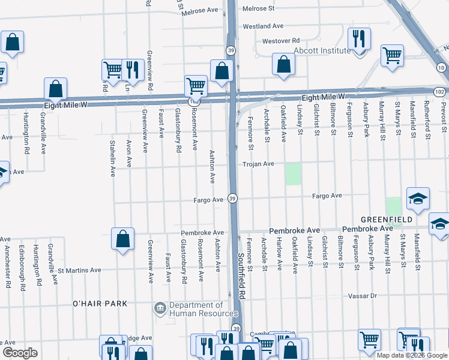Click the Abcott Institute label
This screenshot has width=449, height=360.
coord(321,51)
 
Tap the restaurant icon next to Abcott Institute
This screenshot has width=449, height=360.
coord(359,40)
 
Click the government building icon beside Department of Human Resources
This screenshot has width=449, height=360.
coord(160,308)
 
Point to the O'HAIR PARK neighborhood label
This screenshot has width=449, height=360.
coord(100,304)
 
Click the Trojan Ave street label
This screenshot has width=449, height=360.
coord(258,164)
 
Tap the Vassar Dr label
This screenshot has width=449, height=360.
coord(364,296)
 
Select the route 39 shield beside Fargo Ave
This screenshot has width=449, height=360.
coord(233,199)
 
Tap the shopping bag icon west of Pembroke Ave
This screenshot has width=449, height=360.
coord(122,239)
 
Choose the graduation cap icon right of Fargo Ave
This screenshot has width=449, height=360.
coord(418,198)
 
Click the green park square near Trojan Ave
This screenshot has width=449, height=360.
coord(293,174)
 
